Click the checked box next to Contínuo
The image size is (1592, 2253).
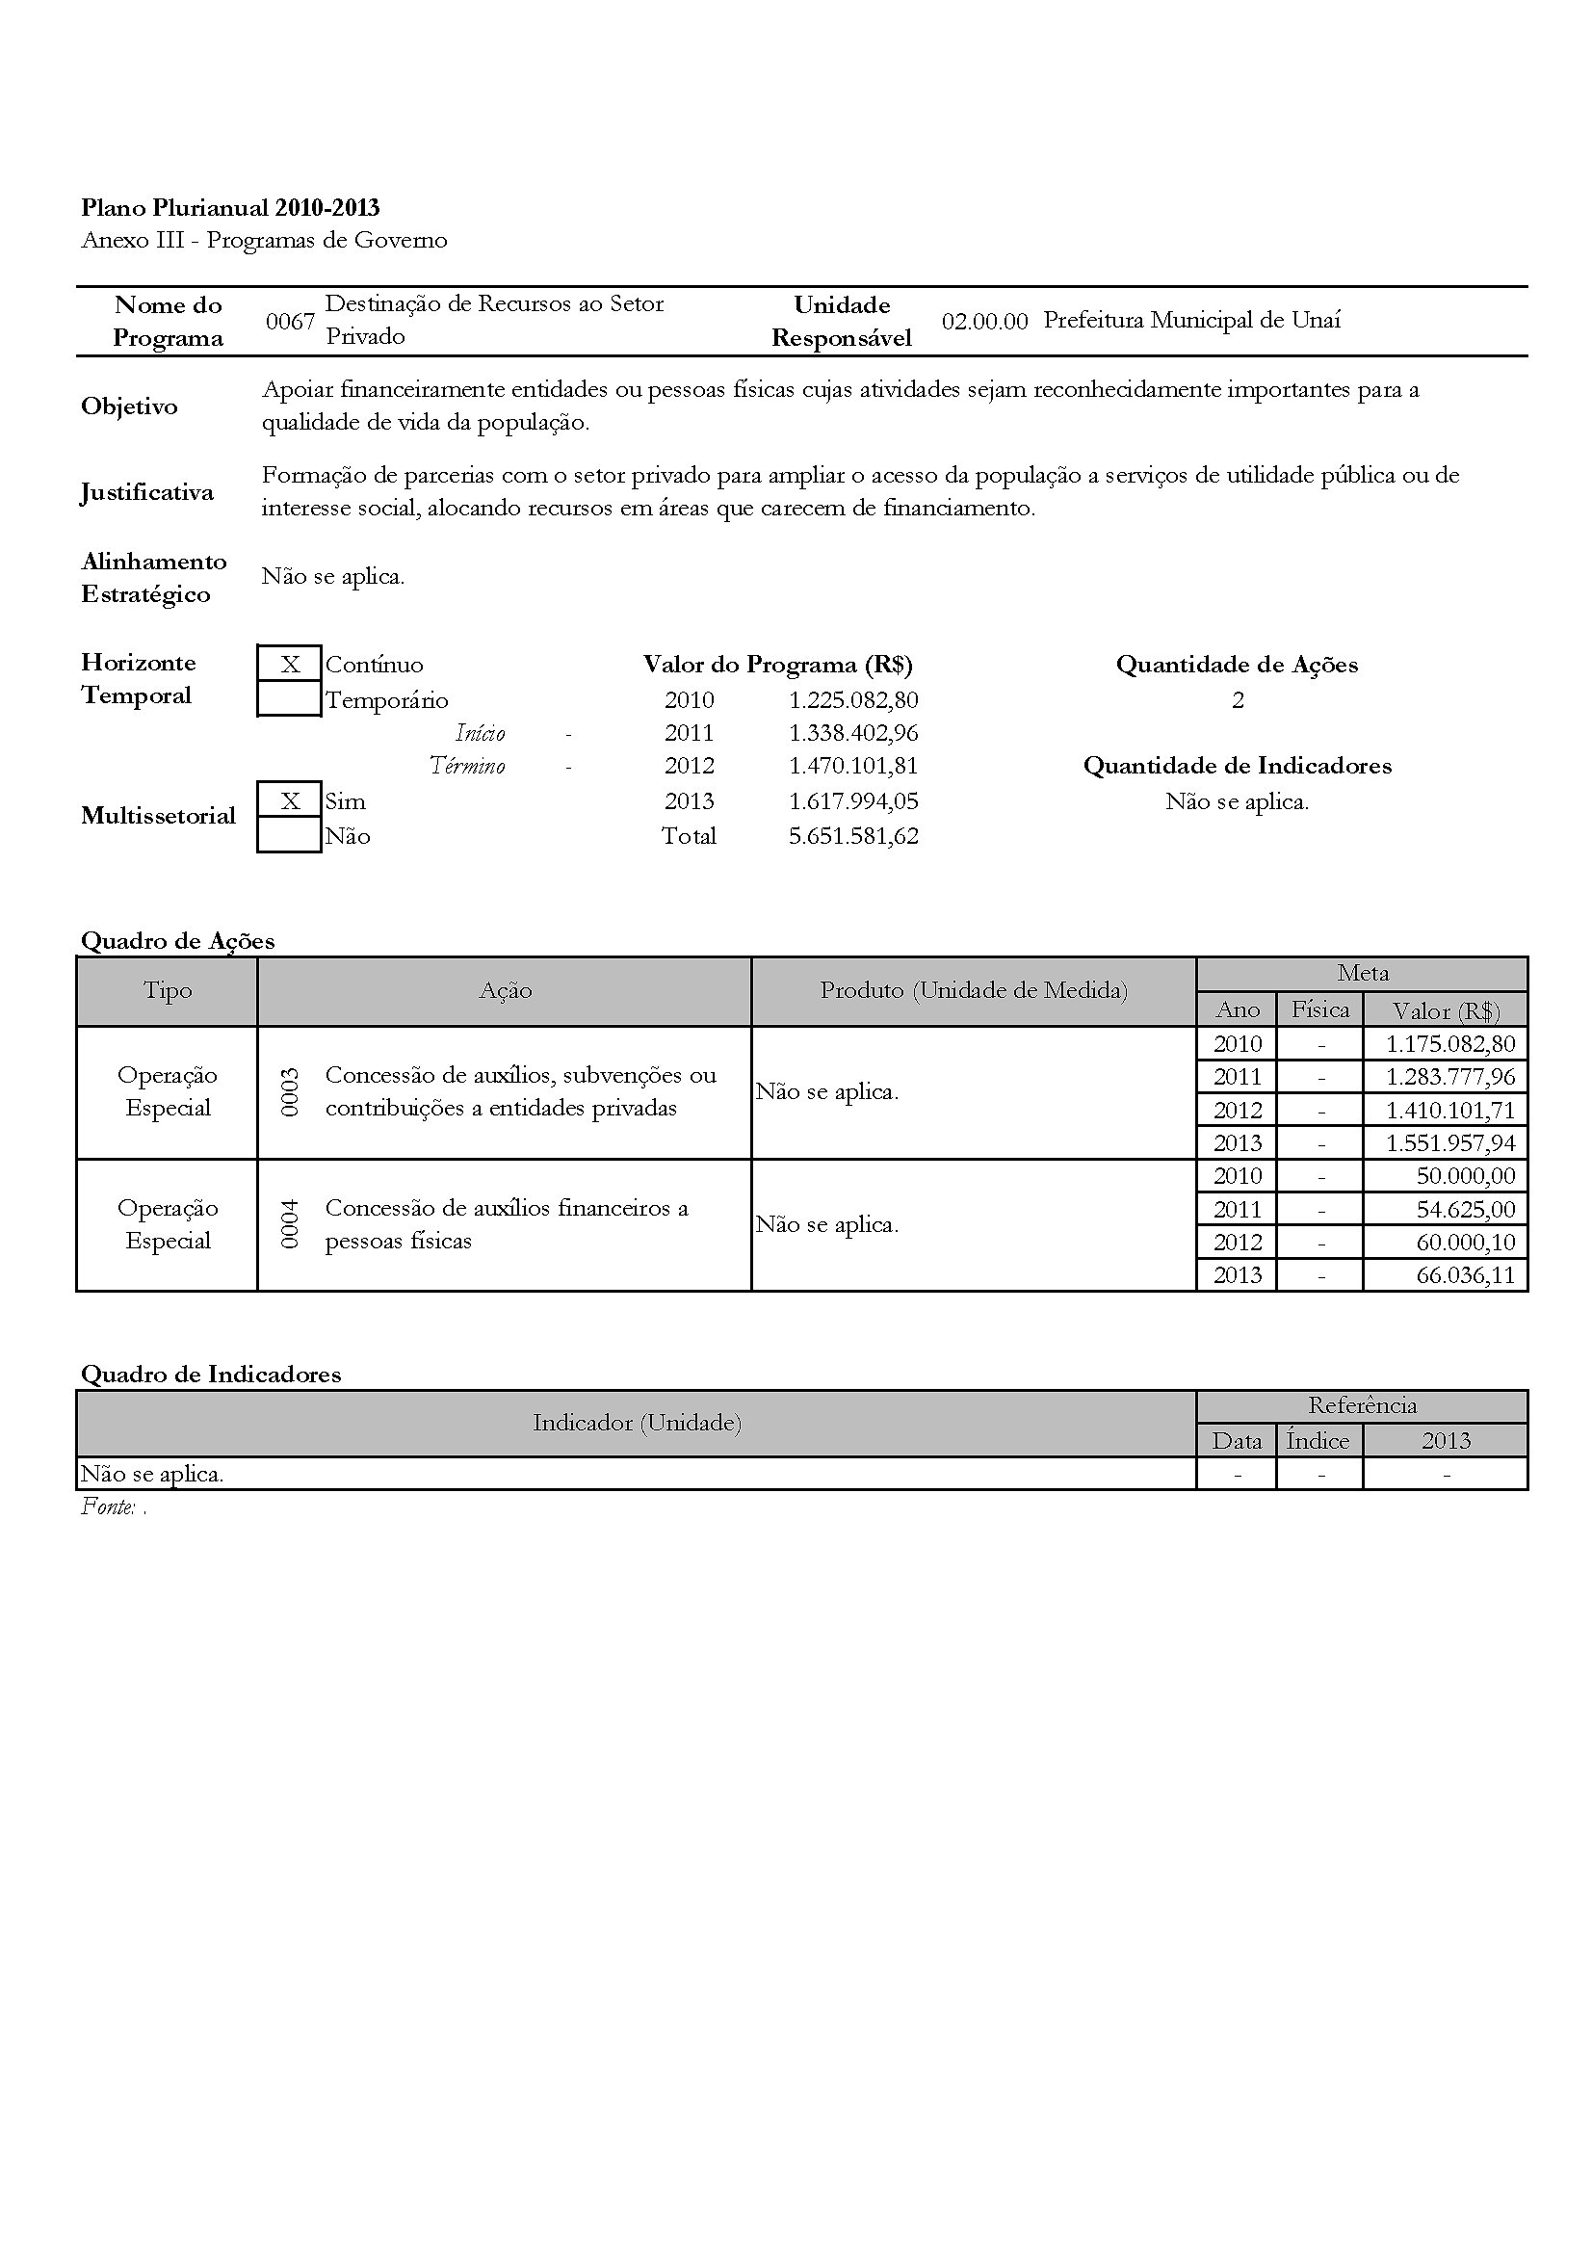click(x=289, y=665)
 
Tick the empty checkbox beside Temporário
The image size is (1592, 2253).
click(x=289, y=699)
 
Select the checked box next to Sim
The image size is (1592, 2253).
click(x=289, y=800)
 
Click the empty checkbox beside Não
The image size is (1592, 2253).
click(x=289, y=836)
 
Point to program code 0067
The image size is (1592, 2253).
click(x=290, y=322)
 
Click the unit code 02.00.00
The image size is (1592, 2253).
click(x=984, y=322)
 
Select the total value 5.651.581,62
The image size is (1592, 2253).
click(x=853, y=836)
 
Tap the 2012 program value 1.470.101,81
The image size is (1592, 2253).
click(x=853, y=766)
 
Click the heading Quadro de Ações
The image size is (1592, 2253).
click(x=177, y=941)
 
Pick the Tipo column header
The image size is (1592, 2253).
click(x=168, y=990)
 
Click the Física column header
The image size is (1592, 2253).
click(x=1320, y=1009)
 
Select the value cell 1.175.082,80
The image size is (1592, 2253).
click(x=1449, y=1044)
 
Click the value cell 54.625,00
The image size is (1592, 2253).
click(x=1466, y=1209)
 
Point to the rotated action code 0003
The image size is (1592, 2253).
click(x=289, y=1092)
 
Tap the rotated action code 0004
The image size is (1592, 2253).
click(x=289, y=1224)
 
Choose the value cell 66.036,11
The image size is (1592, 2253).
click(x=1466, y=1275)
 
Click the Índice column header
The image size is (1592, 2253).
click(x=1318, y=1440)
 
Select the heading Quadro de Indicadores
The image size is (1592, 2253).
click(x=211, y=1374)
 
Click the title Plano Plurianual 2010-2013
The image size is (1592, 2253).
click(x=230, y=208)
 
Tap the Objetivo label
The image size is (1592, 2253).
click(x=129, y=406)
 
